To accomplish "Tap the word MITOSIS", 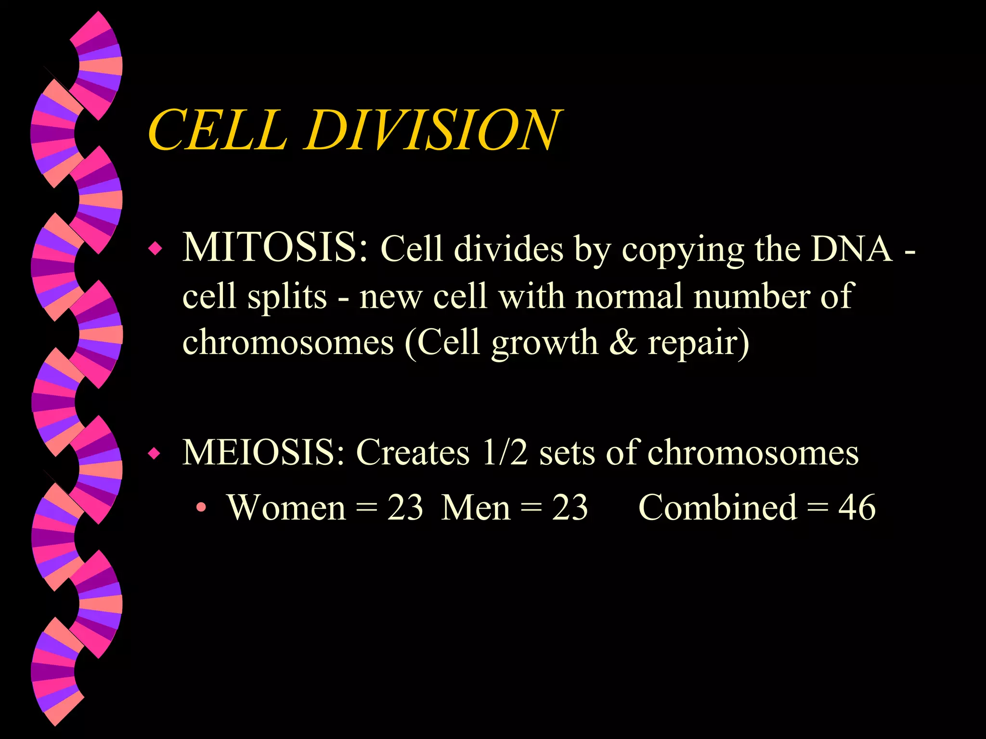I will coord(275,248).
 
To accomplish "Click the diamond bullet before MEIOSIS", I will coord(155,453).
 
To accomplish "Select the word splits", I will coord(287,297).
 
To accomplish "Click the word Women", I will coord(287,508).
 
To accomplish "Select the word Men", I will coord(476,508).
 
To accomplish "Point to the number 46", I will coord(857,508).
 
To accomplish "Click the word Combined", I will coord(717,508).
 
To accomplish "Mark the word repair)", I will coord(699,344).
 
